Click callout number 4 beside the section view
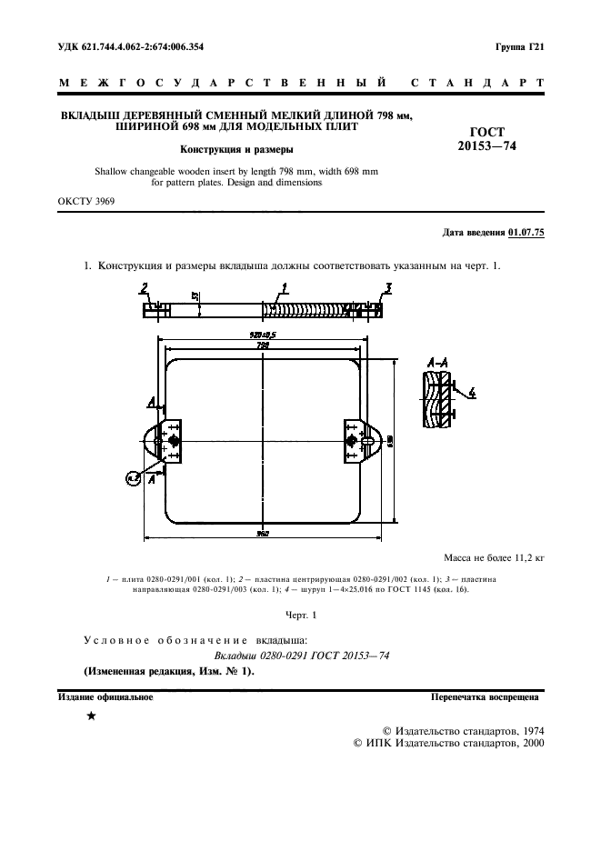[473, 393]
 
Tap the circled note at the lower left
[134, 476]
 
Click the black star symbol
[91, 717]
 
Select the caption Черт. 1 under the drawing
[300, 616]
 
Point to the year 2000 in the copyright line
[527, 743]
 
